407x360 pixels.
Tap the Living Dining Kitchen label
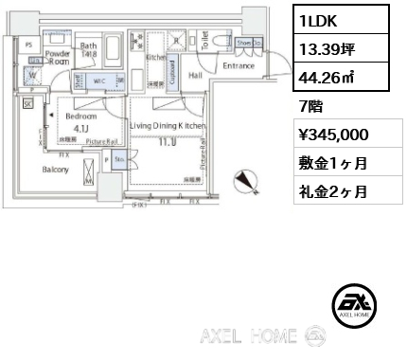(x=167, y=126)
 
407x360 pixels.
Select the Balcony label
(x=53, y=170)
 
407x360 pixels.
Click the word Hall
(x=196, y=74)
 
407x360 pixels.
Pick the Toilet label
(x=205, y=40)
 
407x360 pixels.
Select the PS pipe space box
(x=28, y=45)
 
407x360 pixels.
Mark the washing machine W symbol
(x=34, y=75)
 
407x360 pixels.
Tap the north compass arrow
(x=246, y=181)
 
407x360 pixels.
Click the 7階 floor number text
(x=310, y=107)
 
